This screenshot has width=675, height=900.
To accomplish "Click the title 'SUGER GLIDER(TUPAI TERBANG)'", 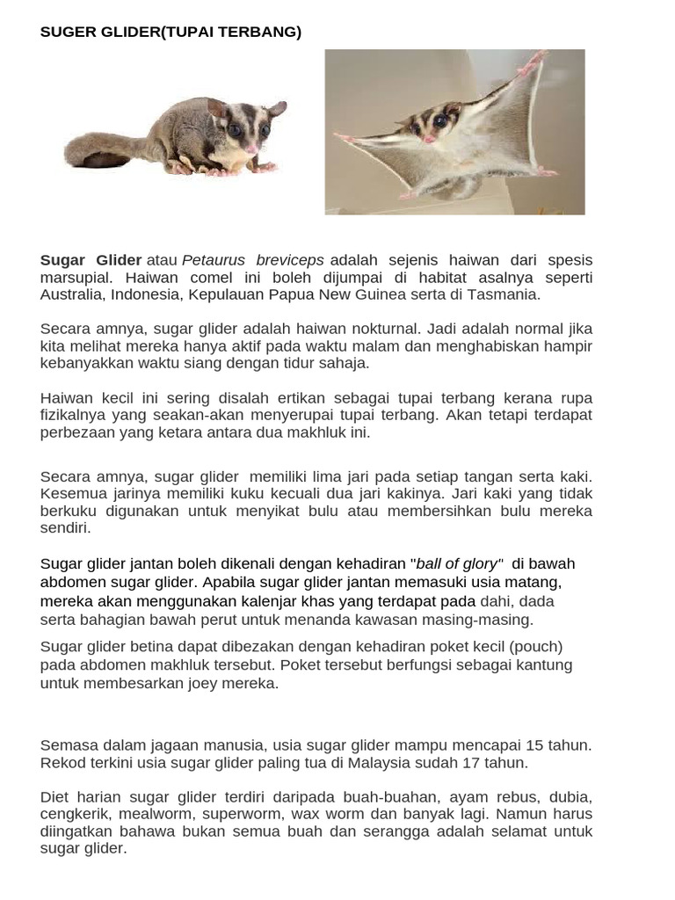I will (171, 33).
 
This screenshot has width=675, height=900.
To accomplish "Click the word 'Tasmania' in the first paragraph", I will (506, 294).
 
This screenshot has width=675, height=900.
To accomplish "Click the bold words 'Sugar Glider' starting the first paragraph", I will (91, 260).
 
